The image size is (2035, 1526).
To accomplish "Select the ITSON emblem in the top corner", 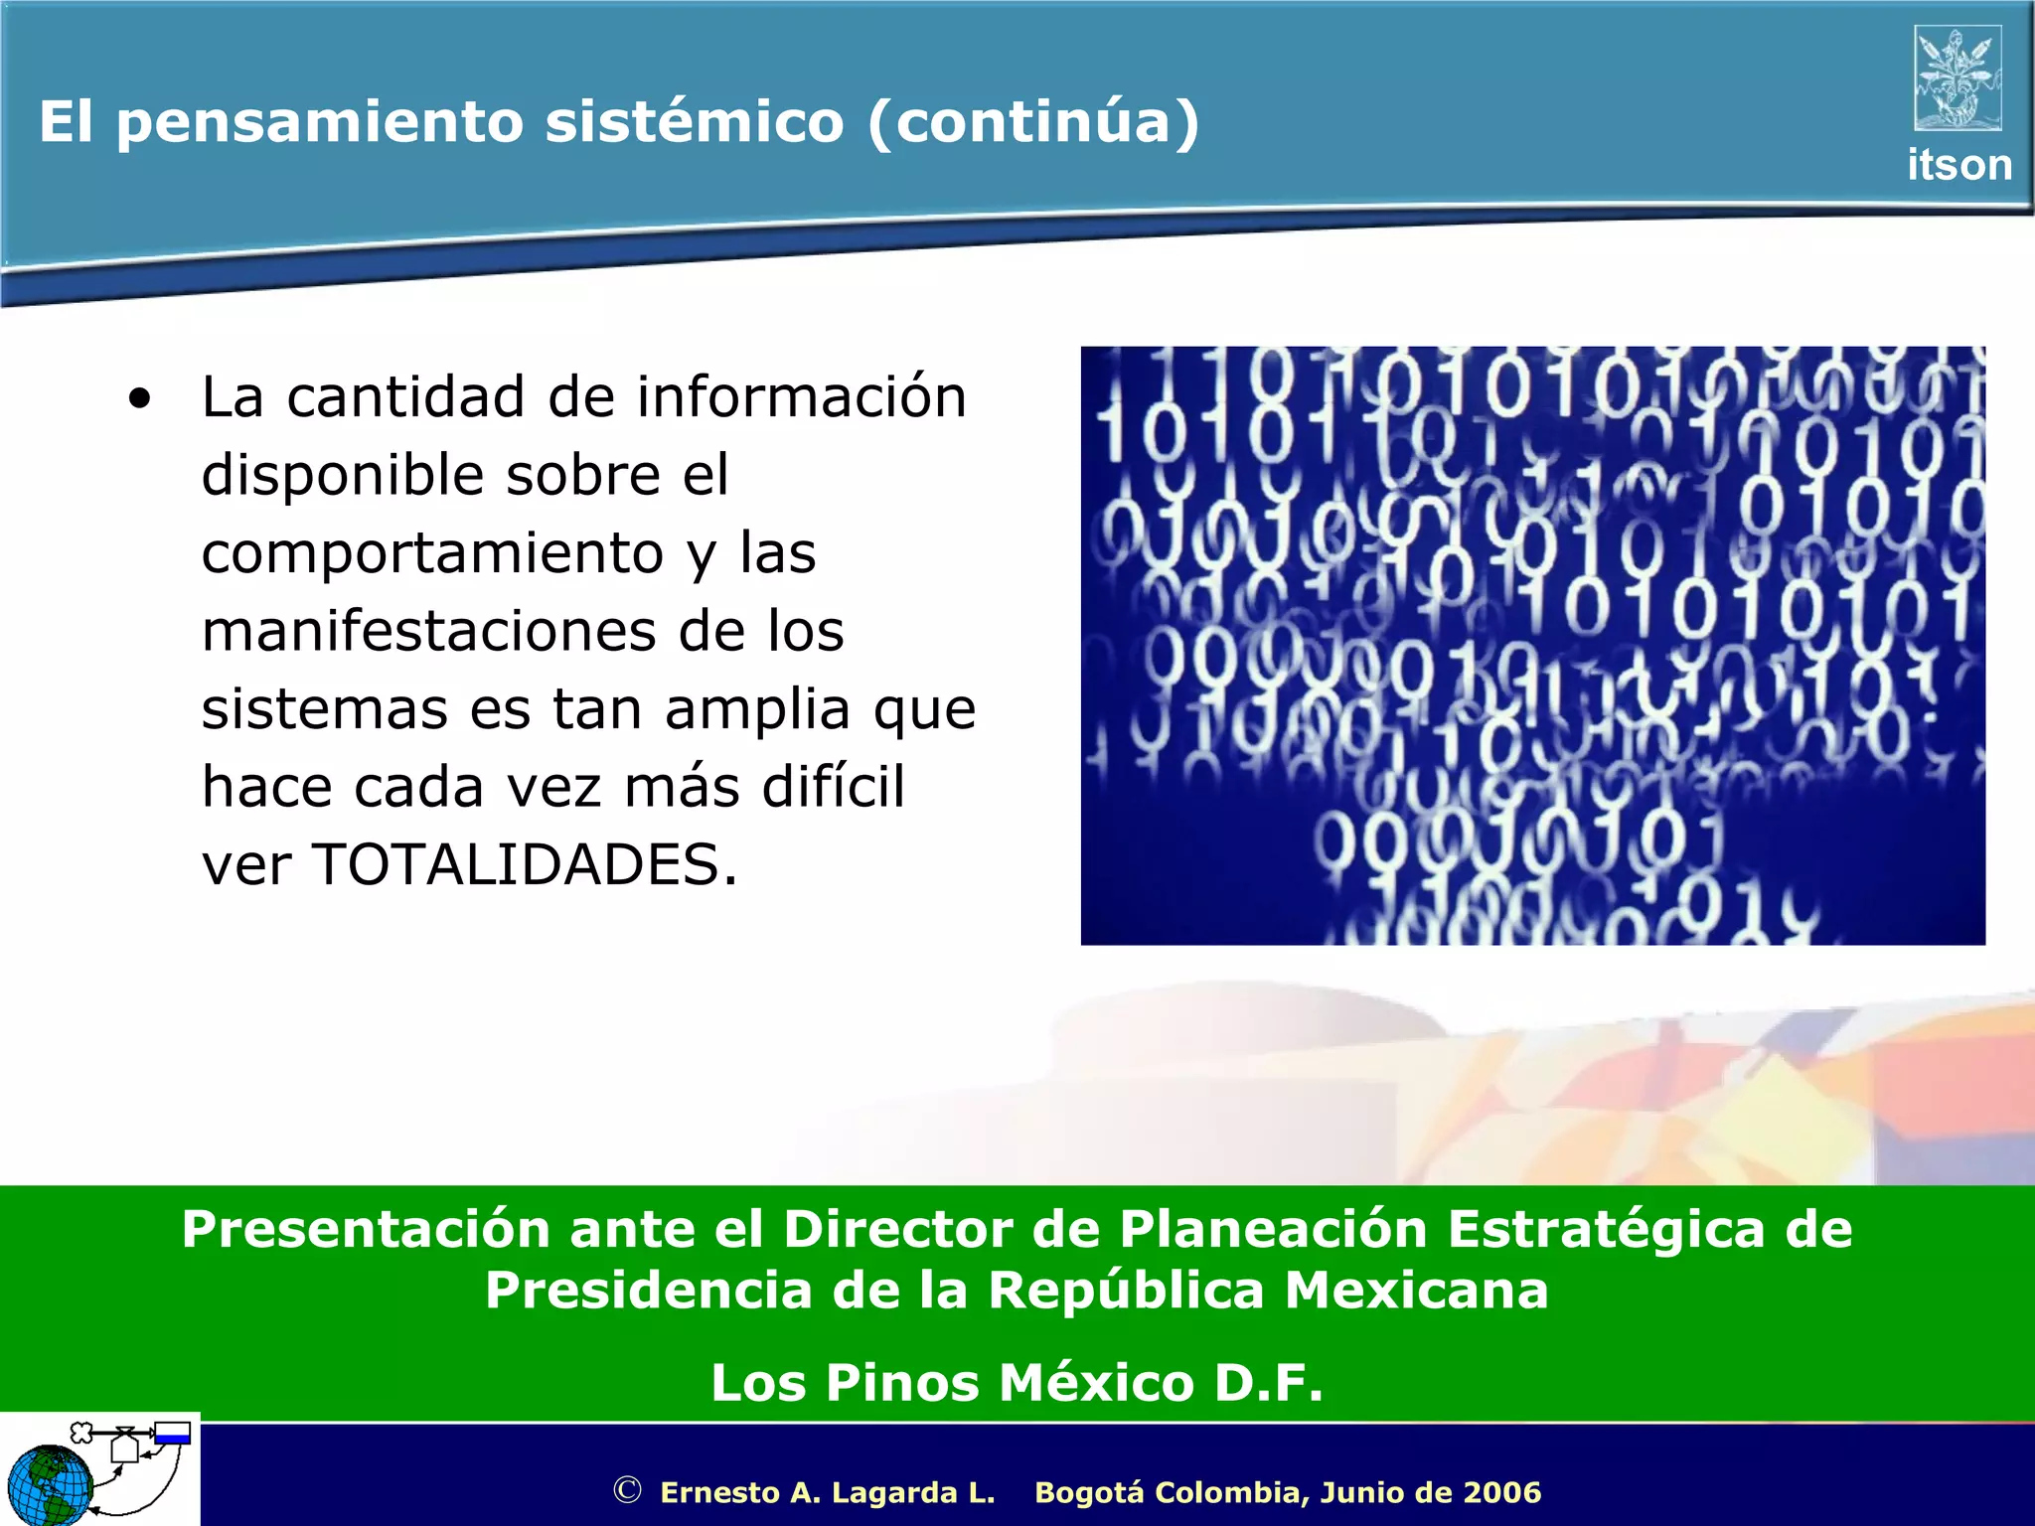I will tap(1957, 78).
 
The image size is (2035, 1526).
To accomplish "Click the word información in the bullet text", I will tap(801, 397).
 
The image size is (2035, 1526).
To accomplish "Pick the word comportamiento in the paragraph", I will tap(432, 553).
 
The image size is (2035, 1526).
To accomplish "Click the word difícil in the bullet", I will tap(833, 787).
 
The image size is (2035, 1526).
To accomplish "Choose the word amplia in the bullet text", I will tap(757, 709).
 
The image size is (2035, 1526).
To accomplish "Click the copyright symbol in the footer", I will tap(627, 1490).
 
